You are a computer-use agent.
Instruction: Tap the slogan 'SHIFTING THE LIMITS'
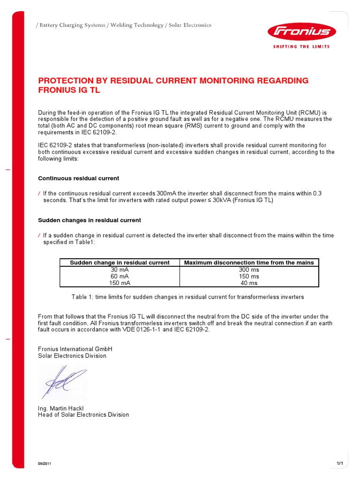coord(301,46)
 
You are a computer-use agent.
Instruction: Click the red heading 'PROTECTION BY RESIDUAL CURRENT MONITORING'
coord(173,81)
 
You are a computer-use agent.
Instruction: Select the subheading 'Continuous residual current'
coord(78,179)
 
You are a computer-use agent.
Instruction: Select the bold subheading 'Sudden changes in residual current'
coord(89,220)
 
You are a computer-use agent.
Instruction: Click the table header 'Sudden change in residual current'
coord(120,263)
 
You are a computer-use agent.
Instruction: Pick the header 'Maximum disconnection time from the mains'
coord(249,263)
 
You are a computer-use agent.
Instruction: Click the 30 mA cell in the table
coord(120,270)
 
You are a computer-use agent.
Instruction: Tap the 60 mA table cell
coord(120,277)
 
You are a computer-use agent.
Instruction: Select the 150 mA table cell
coord(120,283)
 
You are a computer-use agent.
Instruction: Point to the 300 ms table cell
coord(249,270)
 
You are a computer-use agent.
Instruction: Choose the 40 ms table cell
coord(249,283)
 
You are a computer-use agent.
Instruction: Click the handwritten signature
coord(62,381)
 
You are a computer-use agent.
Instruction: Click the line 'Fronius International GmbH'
coord(75,349)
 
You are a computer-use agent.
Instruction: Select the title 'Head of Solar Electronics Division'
coord(83,415)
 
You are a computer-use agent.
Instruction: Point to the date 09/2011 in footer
coord(45,464)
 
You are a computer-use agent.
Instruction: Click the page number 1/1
coord(340,463)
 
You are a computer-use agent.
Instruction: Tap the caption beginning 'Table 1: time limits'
coord(187,297)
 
